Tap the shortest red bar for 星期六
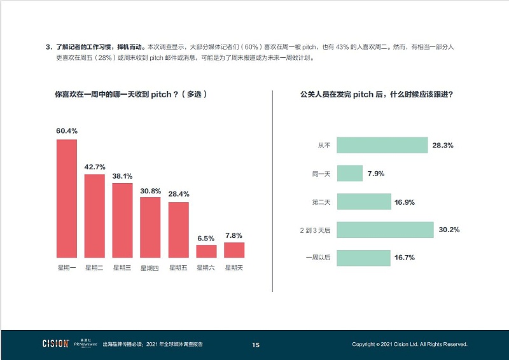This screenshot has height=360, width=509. (x=206, y=251)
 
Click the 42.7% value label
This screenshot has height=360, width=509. (x=94, y=167)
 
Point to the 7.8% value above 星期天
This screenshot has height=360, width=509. (x=234, y=235)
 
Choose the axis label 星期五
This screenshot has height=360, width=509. (x=178, y=268)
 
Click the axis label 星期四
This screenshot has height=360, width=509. (x=150, y=268)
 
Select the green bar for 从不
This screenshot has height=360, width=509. (x=382, y=145)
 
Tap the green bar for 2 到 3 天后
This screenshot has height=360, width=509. (x=385, y=230)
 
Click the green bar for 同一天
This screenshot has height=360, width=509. (x=349, y=174)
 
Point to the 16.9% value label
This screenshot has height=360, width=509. (x=405, y=202)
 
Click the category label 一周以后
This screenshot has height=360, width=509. (x=318, y=258)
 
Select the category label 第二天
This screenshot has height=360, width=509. (x=321, y=202)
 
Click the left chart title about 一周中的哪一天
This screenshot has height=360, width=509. (x=131, y=94)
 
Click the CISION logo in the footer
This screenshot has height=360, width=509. (x=55, y=344)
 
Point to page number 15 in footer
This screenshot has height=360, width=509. (x=255, y=345)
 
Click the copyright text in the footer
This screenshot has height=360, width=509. (x=410, y=345)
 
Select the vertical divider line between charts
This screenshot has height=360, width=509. (x=272, y=191)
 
